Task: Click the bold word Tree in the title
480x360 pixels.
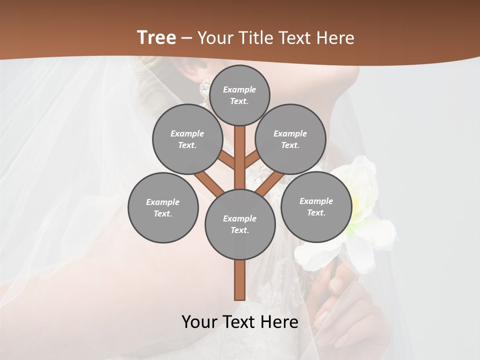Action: (x=156, y=38)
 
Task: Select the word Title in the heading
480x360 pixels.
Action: (x=256, y=38)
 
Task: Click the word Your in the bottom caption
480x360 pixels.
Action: (x=200, y=322)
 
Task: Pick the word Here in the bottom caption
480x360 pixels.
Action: (x=280, y=322)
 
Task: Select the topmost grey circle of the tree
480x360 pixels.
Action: (x=239, y=95)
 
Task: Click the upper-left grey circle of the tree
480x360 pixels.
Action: (x=187, y=139)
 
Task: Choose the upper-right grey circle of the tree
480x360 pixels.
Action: (x=290, y=139)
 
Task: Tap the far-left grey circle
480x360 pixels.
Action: (x=163, y=207)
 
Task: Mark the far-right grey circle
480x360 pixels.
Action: (x=316, y=206)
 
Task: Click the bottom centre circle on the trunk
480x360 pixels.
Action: (x=240, y=224)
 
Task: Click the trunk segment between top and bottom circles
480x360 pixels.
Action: (x=240, y=157)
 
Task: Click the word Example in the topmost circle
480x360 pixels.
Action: (x=239, y=89)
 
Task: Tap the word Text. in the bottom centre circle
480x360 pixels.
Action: (x=239, y=230)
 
